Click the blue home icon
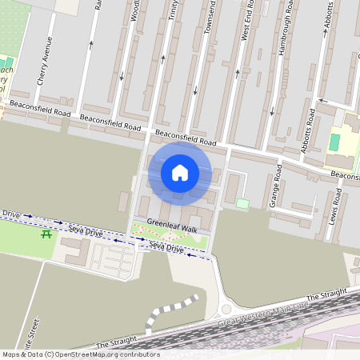[180, 173]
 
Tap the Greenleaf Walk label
[170, 228]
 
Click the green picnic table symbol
[46, 234]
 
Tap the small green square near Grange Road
[242, 204]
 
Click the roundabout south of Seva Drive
[226, 310]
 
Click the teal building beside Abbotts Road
[334, 142]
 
